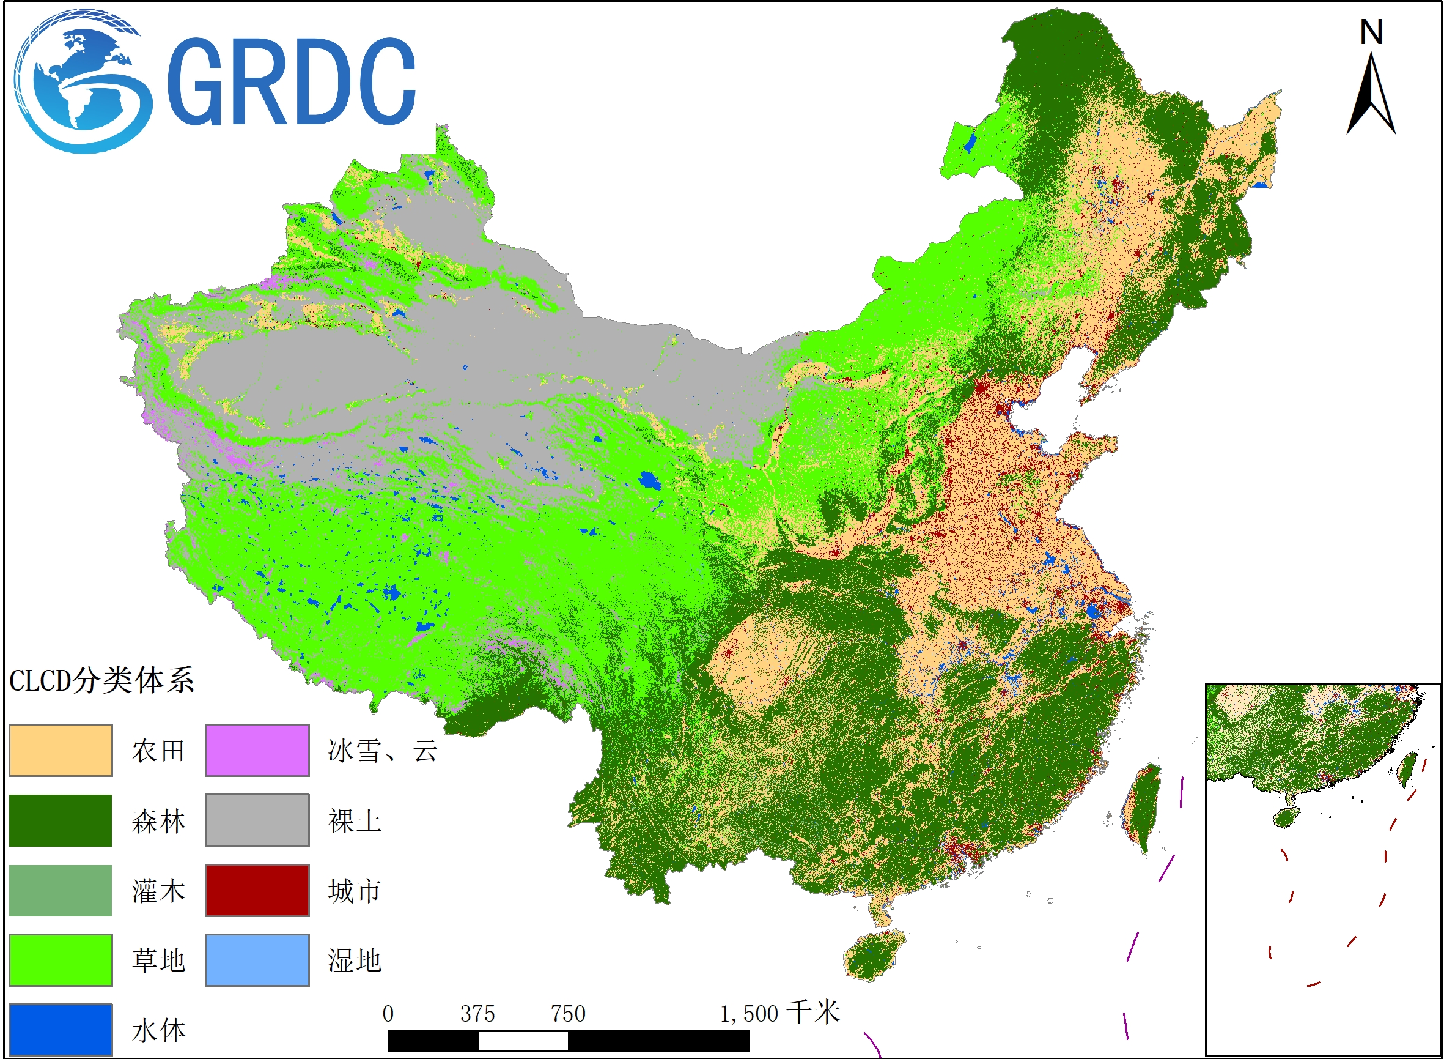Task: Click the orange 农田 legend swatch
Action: [61, 750]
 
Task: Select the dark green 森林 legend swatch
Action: [61, 820]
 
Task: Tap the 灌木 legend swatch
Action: [61, 890]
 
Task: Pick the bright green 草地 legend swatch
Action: [61, 960]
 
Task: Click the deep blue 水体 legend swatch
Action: [61, 1029]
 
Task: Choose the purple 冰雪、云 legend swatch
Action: [257, 750]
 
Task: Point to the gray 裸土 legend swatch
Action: [257, 820]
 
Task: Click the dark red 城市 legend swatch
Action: [257, 890]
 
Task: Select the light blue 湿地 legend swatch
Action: [257, 960]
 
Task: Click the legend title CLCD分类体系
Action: [101, 681]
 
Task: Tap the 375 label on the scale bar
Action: [477, 1014]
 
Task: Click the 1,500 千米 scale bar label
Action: [779, 1014]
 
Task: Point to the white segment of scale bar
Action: [523, 1041]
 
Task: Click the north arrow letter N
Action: [1371, 32]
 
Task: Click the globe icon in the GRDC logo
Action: [80, 82]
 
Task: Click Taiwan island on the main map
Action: [1141, 808]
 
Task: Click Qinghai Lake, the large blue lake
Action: [649, 480]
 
